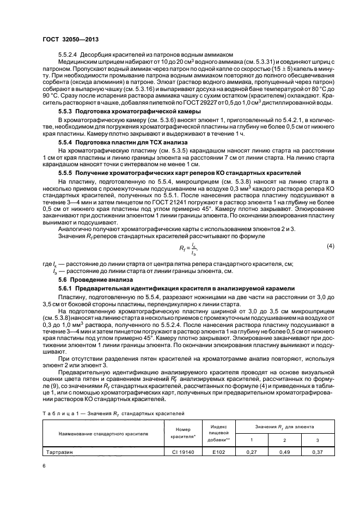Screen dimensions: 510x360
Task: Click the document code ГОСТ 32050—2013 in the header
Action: coord(68,39)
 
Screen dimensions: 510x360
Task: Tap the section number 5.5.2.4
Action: coord(68,54)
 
